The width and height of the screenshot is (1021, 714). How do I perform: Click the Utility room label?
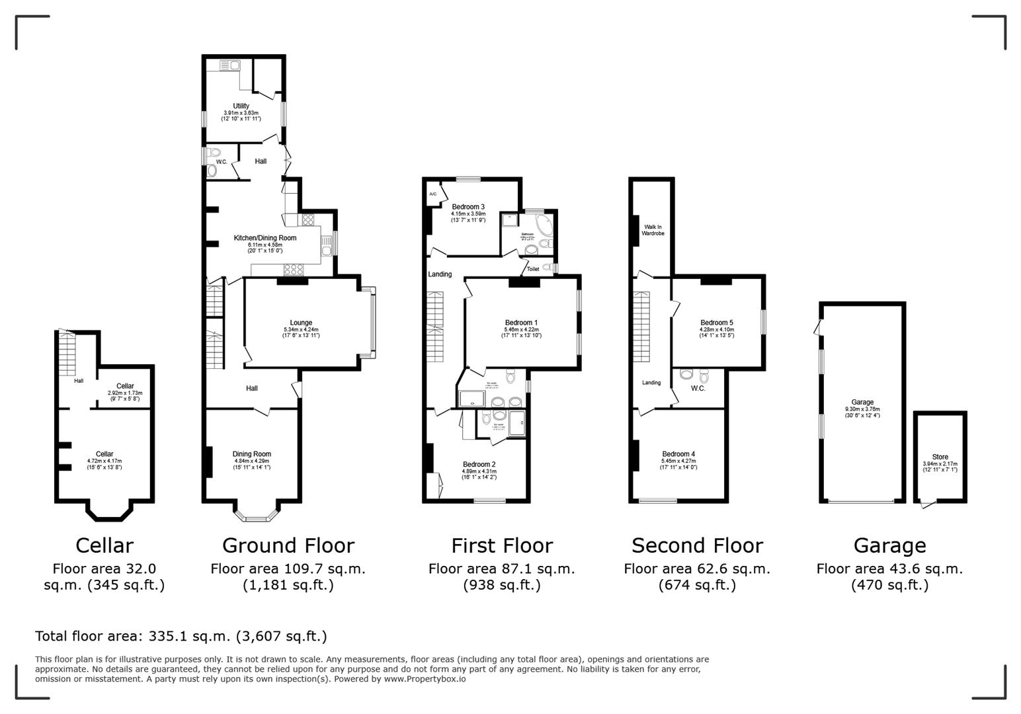point(241,106)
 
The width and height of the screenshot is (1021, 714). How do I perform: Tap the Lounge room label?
point(301,323)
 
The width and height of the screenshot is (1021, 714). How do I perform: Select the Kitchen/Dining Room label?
point(265,238)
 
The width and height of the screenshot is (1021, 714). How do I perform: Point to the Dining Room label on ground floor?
point(252,454)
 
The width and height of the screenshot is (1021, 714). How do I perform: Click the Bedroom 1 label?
point(521,323)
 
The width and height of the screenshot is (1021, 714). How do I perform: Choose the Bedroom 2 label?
point(479,464)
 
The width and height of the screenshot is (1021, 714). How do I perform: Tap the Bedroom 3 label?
point(468,207)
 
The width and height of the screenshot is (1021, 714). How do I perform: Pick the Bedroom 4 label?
point(678,454)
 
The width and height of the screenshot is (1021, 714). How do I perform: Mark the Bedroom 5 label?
point(717,323)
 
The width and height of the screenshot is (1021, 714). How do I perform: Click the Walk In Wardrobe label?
point(653,230)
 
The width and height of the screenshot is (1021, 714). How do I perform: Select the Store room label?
point(940,457)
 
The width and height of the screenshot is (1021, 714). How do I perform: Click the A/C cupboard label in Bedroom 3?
point(432,194)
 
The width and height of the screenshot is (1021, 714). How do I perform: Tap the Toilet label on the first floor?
point(533,269)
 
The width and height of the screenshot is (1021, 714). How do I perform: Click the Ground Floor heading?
point(288,545)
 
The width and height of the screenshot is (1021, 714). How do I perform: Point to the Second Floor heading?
point(697,545)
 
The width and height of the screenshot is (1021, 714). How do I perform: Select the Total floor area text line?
point(181,636)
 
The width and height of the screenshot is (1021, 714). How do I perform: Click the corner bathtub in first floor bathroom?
point(544,226)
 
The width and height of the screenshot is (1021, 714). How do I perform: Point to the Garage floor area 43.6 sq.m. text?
point(889,569)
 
